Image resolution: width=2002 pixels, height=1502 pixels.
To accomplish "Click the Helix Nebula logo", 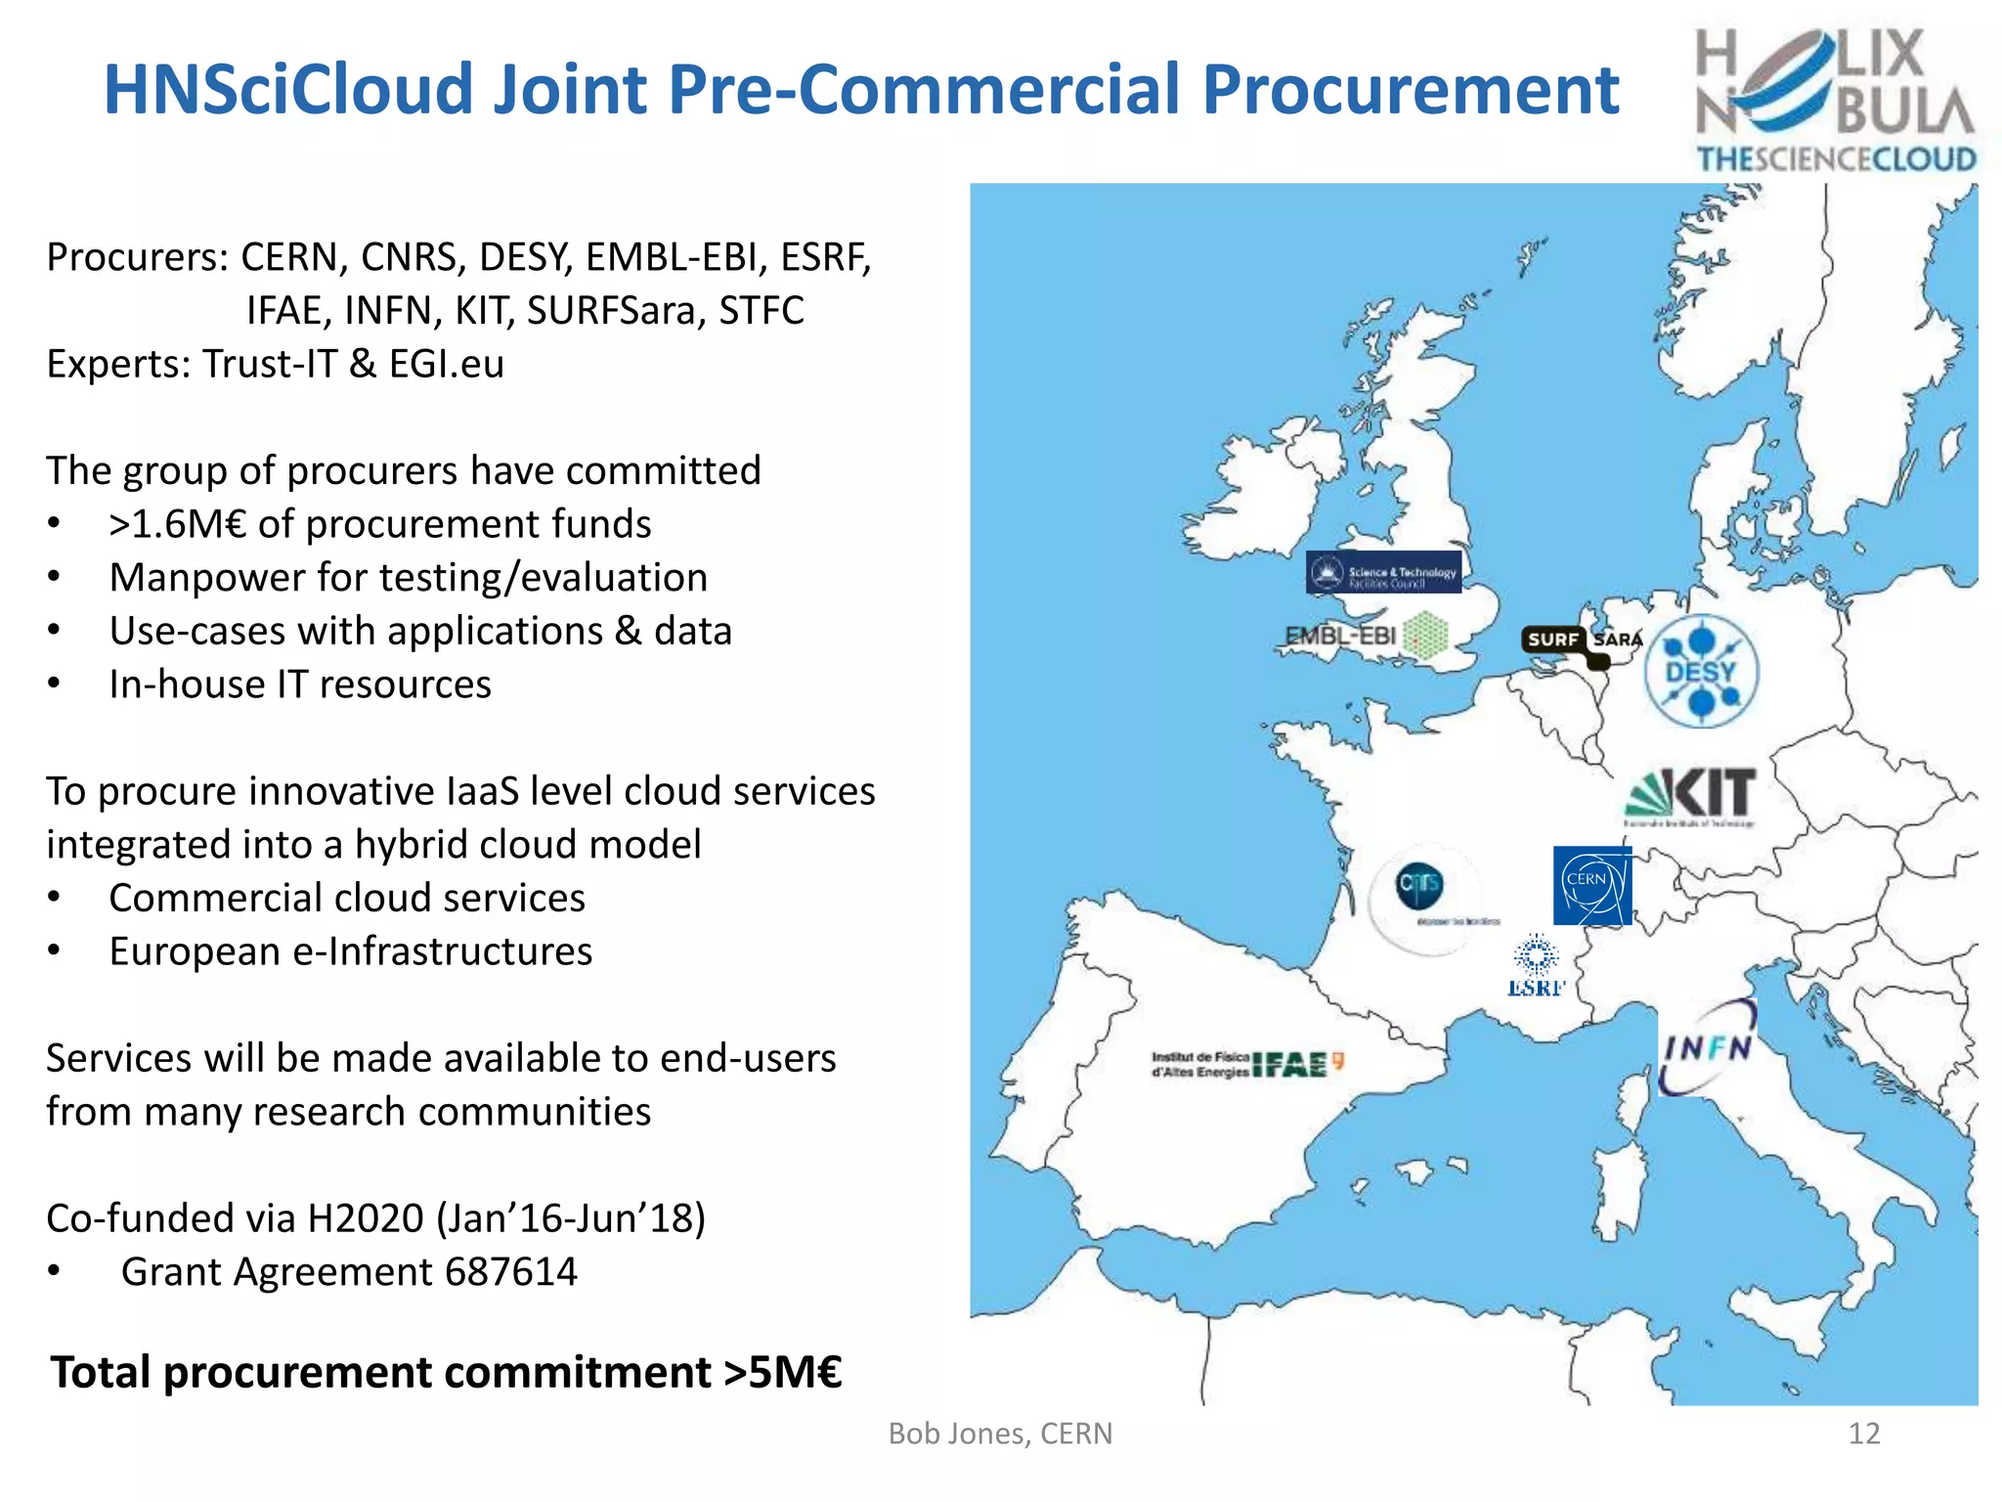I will [1835, 100].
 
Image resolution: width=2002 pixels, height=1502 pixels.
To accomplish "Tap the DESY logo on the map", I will [1701, 671].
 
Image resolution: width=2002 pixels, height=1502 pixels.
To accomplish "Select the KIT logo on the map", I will [1691, 794].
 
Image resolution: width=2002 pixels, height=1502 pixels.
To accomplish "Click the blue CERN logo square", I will [1591, 886].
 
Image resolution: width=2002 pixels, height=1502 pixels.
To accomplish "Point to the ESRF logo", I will [1536, 966].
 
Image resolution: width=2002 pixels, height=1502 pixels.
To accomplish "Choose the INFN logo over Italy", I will [1707, 1047].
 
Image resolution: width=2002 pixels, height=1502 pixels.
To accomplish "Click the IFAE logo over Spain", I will [1248, 1064].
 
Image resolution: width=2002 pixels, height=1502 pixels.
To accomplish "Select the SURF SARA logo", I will [1580, 642].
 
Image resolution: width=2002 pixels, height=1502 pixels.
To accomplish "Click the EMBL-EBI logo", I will [1365, 637].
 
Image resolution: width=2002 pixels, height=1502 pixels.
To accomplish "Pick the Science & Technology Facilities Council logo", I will [1383, 573].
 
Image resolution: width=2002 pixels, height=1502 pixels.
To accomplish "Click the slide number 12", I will [1863, 1434].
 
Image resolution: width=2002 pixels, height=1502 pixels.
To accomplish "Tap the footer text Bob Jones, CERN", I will [1000, 1434].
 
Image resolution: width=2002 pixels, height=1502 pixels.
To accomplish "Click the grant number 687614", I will [510, 1272].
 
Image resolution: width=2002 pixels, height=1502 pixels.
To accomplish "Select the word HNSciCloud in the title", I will [288, 90].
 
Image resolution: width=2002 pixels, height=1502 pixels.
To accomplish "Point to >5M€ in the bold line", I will [782, 1372].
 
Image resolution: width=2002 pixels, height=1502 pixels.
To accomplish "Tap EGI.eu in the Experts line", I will [446, 364].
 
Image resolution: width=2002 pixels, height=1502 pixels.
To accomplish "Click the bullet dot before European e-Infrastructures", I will [55, 951].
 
